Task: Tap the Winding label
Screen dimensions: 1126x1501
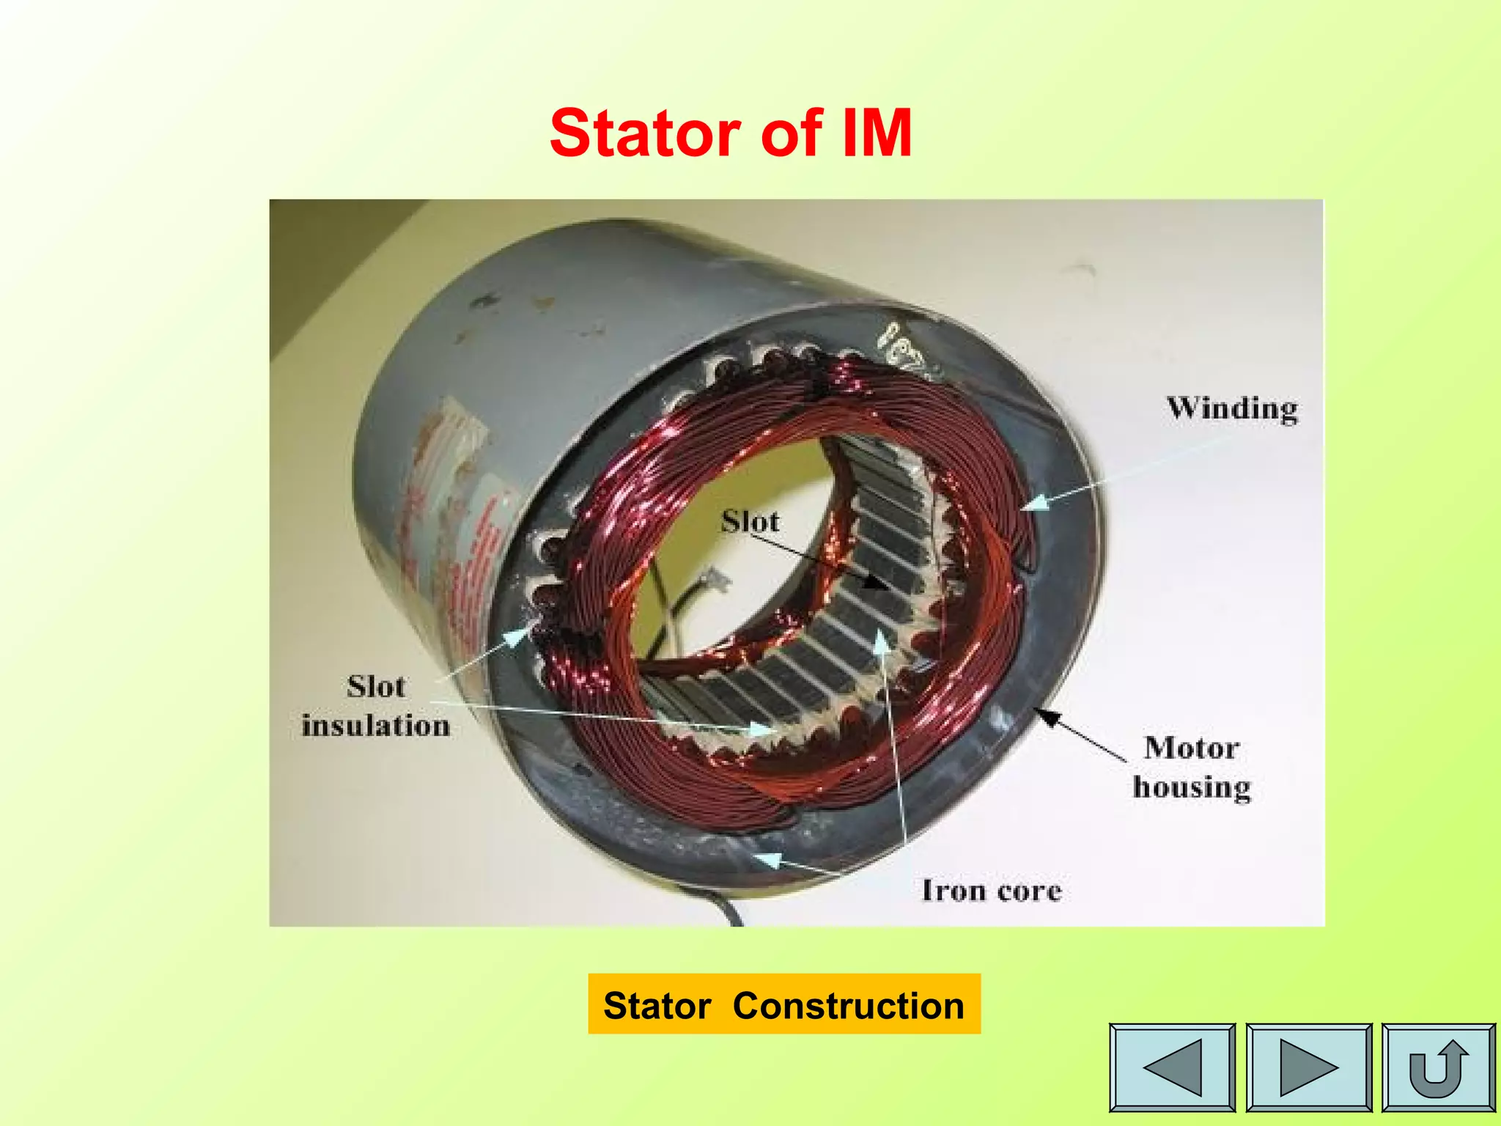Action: pos(1232,409)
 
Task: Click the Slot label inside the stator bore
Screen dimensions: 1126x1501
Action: pos(750,521)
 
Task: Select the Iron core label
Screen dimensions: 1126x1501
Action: pos(991,891)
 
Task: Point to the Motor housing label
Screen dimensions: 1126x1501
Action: pos(1192,767)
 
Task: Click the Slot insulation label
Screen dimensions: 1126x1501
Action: pos(376,706)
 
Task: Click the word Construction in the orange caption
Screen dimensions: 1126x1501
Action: pos(848,1005)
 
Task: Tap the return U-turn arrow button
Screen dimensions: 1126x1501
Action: pos(1438,1067)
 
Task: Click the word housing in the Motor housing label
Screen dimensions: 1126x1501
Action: pos(1192,787)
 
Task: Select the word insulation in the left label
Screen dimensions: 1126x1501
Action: pos(376,726)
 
